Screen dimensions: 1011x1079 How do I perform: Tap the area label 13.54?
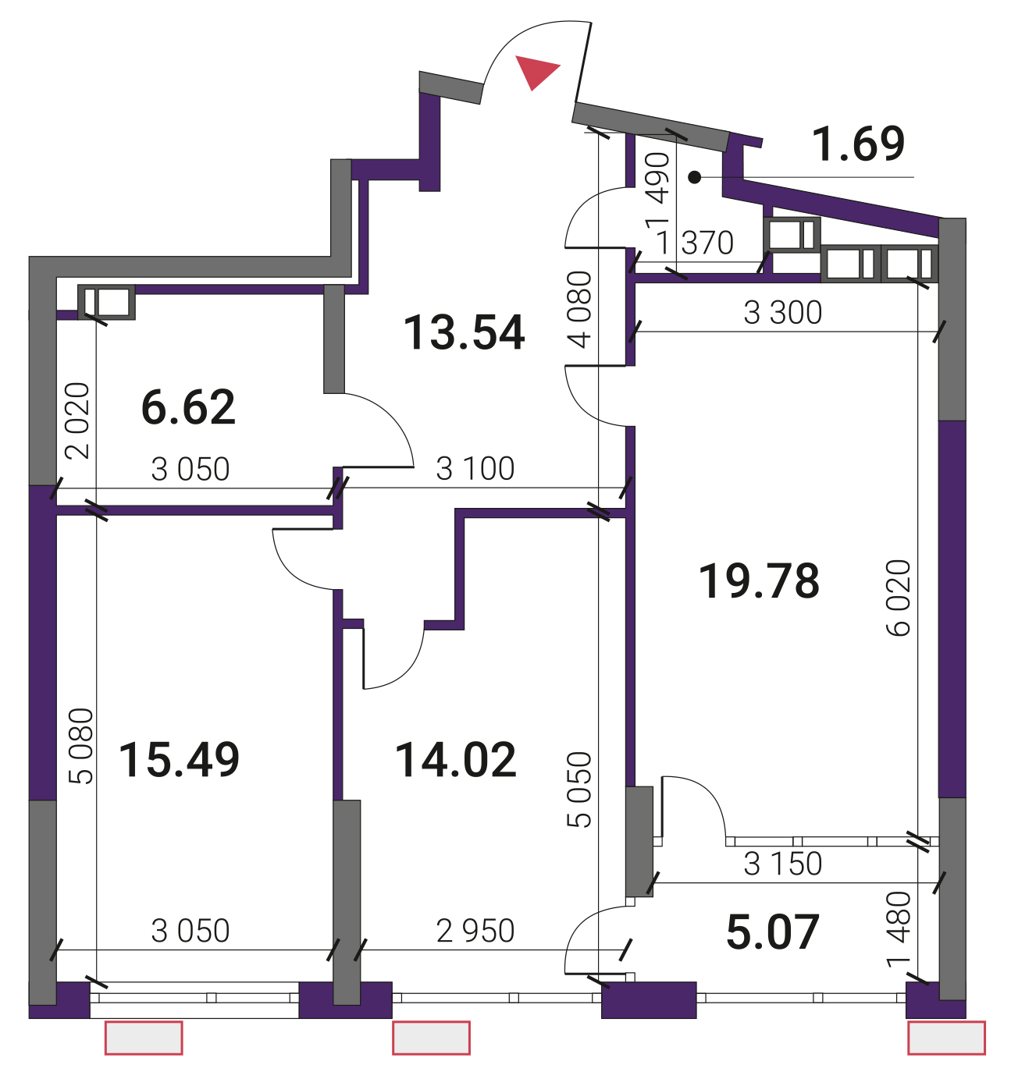point(464,332)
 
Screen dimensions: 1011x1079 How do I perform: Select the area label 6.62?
point(188,407)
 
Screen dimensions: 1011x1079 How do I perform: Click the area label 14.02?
point(456,760)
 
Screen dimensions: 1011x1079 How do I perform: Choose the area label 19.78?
point(759,581)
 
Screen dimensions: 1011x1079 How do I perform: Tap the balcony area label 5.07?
point(772,932)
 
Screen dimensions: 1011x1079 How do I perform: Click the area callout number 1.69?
point(858,144)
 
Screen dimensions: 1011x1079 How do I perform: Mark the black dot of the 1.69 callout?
point(695,177)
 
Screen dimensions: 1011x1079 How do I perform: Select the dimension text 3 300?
point(782,313)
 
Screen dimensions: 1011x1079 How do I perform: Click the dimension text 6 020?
point(898,598)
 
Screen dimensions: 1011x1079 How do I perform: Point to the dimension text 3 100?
point(475,469)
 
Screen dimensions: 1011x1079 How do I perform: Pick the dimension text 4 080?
point(578,310)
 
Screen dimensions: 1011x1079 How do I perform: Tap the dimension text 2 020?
point(77,421)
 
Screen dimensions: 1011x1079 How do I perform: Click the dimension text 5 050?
point(578,790)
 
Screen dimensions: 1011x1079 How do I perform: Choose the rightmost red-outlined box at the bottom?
point(946,1038)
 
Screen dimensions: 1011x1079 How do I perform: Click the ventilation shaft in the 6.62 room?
point(107,302)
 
